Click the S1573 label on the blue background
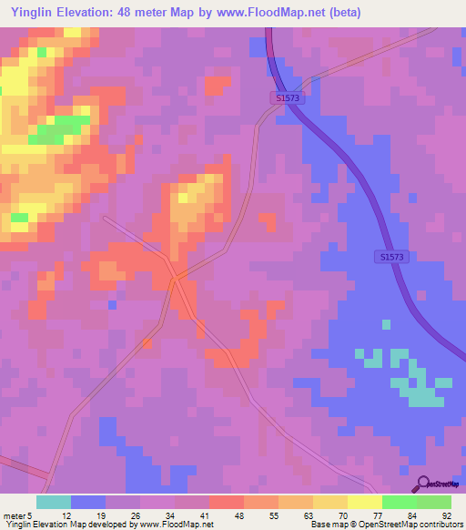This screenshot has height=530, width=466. tap(393, 258)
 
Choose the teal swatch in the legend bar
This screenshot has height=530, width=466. tap(54, 502)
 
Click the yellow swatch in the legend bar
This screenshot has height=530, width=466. tap(329, 502)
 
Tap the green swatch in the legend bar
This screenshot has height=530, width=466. tap(399, 502)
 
